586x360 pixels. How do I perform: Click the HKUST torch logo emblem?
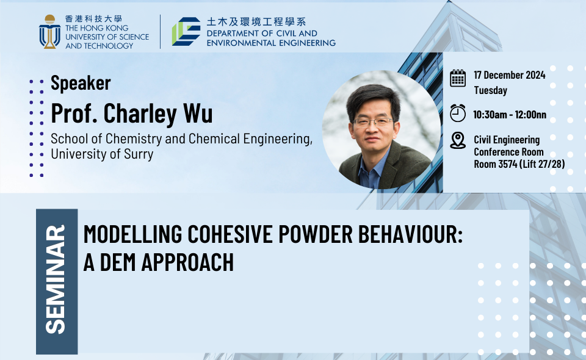pos(49,32)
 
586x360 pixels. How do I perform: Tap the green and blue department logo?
pos(186,31)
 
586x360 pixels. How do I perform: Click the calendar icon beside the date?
pos(457,78)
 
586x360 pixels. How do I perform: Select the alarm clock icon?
pos(457,113)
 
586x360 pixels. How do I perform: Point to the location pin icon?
pos(457,140)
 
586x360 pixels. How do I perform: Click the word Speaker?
pos(81,83)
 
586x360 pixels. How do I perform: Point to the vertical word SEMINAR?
pos(56,279)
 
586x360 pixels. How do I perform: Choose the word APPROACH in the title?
pos(187,262)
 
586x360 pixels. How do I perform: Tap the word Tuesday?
pos(490,90)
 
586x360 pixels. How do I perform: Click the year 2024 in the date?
pos(535,75)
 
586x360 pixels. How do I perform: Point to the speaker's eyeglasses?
pos(372,122)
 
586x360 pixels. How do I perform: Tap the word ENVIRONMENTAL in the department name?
pos(242,43)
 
